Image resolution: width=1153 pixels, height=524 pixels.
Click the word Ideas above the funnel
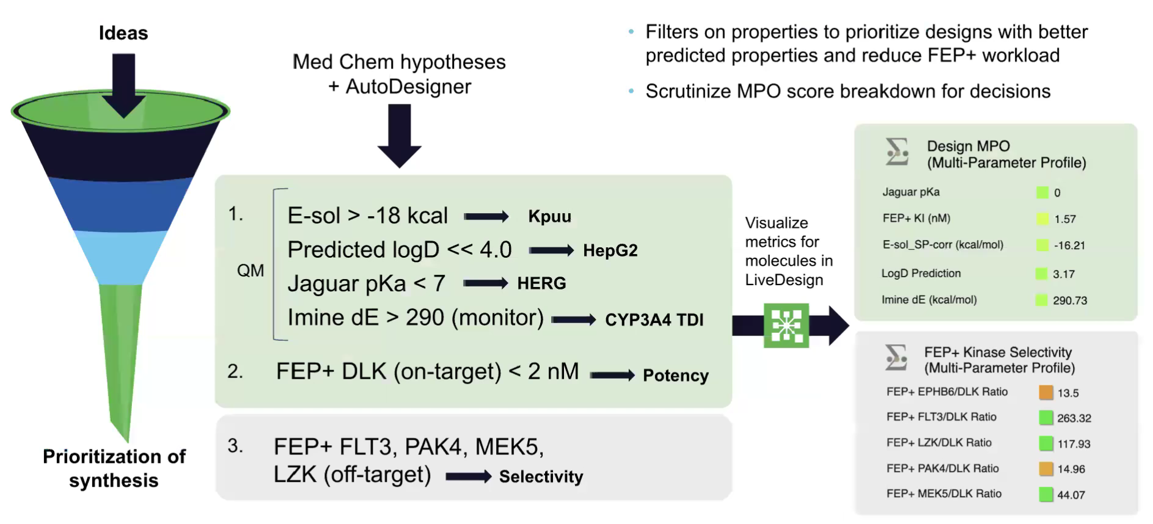coord(123,33)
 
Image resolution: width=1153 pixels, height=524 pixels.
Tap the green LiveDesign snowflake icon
coord(786,326)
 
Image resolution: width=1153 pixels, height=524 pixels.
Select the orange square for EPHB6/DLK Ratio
coord(1045,393)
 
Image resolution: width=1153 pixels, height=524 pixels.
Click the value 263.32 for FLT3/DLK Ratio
coord(1074,418)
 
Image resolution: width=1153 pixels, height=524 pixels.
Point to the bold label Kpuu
coord(549,217)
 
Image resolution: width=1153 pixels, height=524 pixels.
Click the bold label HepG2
coord(610,250)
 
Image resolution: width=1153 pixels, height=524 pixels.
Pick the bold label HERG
coord(541,283)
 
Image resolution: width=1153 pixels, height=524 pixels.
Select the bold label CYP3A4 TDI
coord(654,320)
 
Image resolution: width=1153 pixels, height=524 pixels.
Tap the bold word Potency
coord(675,376)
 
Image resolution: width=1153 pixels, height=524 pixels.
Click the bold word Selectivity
coord(541,477)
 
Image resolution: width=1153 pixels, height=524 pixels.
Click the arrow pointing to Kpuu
coord(486,216)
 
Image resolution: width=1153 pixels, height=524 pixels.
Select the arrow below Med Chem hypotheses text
coord(400,136)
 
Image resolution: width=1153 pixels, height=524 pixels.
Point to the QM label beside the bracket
coord(251,271)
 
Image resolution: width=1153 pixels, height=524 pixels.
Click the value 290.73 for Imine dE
coord(1069,300)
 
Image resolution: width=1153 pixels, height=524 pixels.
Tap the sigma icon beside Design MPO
coord(897,151)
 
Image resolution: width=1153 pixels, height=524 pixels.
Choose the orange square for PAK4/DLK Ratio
coord(1046,469)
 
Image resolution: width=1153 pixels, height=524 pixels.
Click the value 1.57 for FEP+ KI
coord(1064,219)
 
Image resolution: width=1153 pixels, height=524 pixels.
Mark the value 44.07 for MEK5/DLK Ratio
coord(1071,495)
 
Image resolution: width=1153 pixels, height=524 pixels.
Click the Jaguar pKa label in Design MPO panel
coord(910,192)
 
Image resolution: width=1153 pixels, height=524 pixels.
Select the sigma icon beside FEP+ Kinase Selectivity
coord(896,357)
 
